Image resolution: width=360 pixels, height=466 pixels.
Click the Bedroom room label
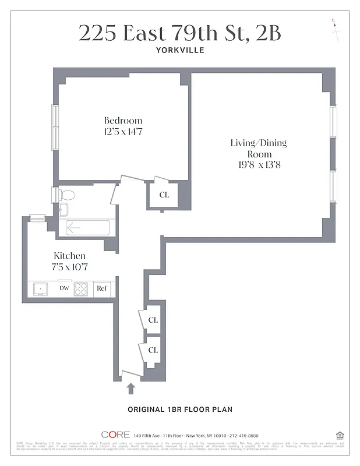pyautogui.click(x=123, y=121)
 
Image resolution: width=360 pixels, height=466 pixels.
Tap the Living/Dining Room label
pyautogui.click(x=259, y=149)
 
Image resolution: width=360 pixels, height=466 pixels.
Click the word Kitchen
pyautogui.click(x=70, y=256)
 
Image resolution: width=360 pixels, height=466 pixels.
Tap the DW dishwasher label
pyautogui.click(x=63, y=288)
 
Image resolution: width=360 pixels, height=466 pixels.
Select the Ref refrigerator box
pyautogui.click(x=102, y=288)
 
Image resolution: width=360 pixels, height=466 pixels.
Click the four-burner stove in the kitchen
pyautogui.click(x=81, y=288)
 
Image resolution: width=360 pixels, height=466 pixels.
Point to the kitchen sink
pyautogui.click(x=41, y=288)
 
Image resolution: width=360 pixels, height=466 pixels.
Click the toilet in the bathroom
pyautogui.click(x=66, y=195)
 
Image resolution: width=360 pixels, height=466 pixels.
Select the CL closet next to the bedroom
pyautogui.click(x=164, y=195)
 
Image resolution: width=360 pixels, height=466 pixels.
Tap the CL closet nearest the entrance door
pyautogui.click(x=153, y=350)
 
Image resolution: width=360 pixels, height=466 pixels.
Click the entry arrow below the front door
pyautogui.click(x=130, y=388)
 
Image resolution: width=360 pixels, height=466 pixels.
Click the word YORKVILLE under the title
pyautogui.click(x=179, y=50)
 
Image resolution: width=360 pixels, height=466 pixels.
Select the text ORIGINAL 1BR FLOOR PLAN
pyautogui.click(x=180, y=409)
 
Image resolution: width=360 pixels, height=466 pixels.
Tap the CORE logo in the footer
pyautogui.click(x=115, y=435)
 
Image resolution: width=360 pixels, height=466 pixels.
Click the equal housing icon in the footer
pyautogui.click(x=340, y=435)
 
